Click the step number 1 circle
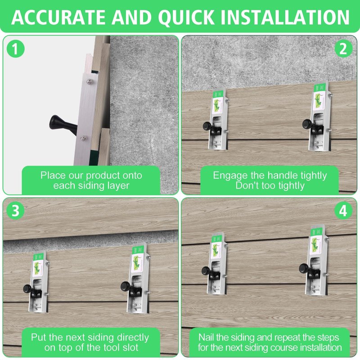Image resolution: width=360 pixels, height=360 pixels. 15,49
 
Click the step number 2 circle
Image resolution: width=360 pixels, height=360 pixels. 343,49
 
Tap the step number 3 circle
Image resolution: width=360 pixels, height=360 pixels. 15,211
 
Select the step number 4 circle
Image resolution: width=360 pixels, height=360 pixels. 343,211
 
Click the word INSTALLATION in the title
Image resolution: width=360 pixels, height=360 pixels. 285,17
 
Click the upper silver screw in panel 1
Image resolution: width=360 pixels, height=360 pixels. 89,81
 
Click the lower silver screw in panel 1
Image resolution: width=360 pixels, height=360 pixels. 83,138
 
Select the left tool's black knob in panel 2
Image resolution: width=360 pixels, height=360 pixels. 208,126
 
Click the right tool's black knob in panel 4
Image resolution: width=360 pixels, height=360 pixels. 305,268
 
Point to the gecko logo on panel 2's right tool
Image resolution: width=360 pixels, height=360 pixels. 319,100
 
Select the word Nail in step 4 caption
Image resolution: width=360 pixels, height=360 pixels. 206,337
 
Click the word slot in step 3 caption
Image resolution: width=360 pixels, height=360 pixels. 130,347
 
